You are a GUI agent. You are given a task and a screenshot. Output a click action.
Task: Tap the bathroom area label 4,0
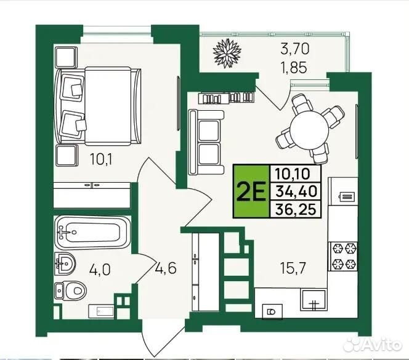tap(100, 270)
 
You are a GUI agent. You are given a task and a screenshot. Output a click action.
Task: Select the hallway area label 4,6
tap(166, 268)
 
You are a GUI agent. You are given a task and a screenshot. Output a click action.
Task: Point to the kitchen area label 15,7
tap(293, 268)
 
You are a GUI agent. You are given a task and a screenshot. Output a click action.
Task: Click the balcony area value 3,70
tap(295, 49)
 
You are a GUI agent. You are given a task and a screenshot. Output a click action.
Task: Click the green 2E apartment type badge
tap(251, 191)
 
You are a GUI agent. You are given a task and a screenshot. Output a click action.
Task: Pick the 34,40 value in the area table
tap(296, 191)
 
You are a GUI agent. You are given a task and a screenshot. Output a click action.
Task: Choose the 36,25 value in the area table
tap(296, 209)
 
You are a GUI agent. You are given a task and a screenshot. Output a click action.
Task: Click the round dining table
tap(310, 130)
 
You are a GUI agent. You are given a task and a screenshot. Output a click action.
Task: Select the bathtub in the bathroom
tap(92, 232)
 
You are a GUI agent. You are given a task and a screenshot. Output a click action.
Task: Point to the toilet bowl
tap(70, 290)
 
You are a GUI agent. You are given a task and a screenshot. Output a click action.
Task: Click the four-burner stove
tap(342, 256)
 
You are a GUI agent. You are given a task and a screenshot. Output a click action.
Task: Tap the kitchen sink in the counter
tap(314, 300)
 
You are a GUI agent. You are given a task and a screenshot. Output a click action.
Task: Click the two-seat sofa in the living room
tap(206, 142)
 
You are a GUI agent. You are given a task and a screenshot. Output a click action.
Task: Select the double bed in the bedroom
tap(97, 106)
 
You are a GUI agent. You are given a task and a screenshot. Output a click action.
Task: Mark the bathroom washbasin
tap(65, 263)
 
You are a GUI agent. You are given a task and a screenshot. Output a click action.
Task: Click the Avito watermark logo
tap(373, 345)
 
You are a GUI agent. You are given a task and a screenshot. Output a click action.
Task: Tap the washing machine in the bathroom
tap(102, 311)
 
